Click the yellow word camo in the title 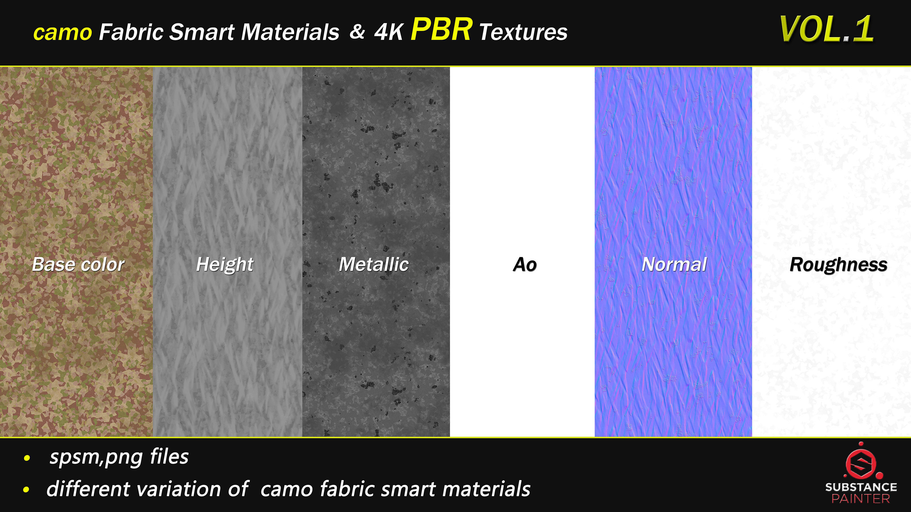[63, 32]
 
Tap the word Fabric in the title [131, 32]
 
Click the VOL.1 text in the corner [826, 29]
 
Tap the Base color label [78, 264]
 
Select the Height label [225, 264]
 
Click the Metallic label [374, 264]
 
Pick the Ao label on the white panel [525, 265]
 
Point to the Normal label [674, 264]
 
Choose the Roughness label [838, 265]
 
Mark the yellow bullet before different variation [26, 490]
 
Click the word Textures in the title [523, 32]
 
